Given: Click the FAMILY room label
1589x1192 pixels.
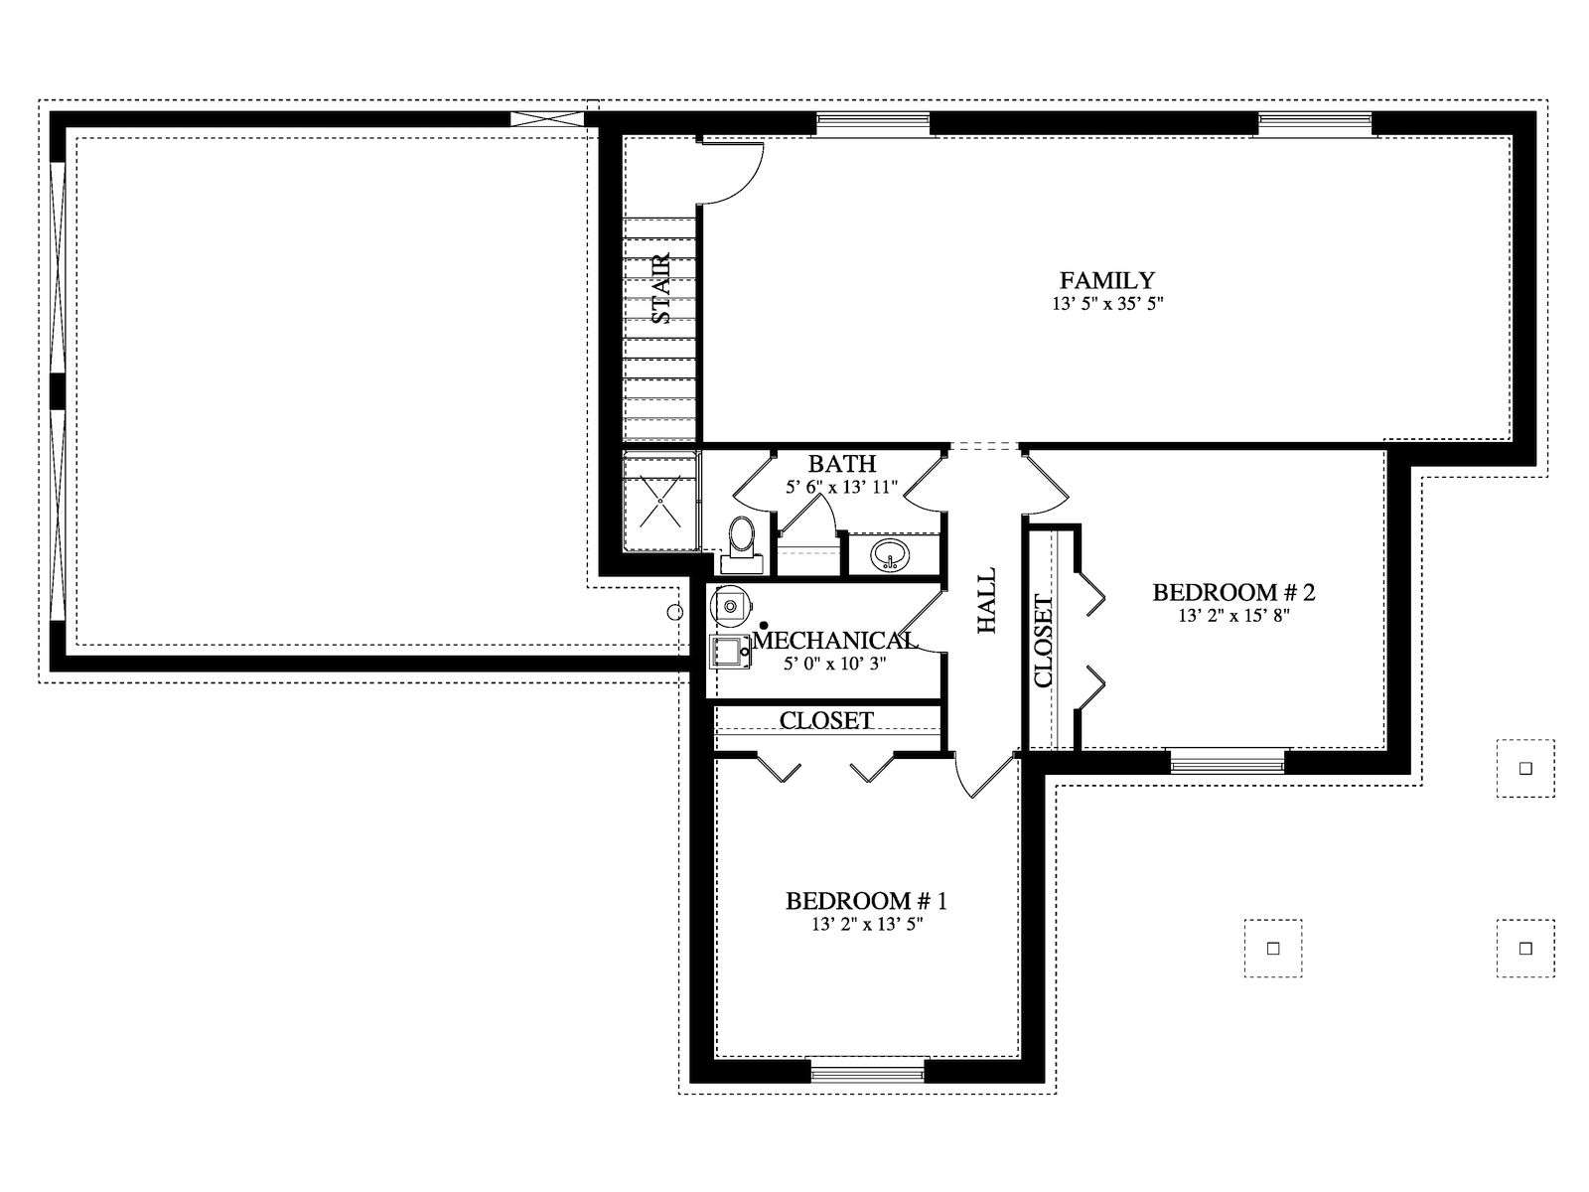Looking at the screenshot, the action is [1107, 280].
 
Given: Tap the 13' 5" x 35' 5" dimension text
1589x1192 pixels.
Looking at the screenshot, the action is [1107, 304].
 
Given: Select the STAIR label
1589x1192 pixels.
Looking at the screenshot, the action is [661, 288].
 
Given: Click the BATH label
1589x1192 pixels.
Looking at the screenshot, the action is [842, 463].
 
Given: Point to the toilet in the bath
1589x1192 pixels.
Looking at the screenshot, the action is [742, 547].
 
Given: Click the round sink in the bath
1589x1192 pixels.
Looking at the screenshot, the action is [891, 556].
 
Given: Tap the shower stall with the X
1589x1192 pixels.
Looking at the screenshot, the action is [660, 501].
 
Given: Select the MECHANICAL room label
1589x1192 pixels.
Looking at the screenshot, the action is [835, 640].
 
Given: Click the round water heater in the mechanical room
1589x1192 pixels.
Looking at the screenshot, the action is [730, 604].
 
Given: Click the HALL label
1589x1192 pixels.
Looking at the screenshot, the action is [986, 601].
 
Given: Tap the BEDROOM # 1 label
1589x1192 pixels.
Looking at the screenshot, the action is [867, 901].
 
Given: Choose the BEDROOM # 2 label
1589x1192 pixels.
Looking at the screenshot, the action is [1233, 593].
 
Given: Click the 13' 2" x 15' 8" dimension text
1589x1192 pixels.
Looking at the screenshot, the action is [1233, 616].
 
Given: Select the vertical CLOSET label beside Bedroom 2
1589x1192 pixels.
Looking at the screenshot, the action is [1043, 642].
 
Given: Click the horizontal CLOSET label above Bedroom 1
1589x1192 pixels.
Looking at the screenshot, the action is [826, 720].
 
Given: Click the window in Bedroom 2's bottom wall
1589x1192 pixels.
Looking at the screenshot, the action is [1228, 762].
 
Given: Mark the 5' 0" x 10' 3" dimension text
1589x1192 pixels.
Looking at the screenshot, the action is [835, 663].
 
